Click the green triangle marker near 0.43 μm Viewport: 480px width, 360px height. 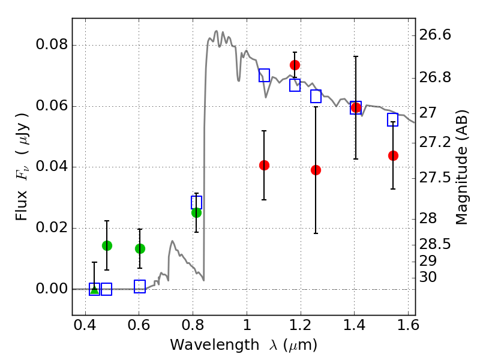[x=94, y=289]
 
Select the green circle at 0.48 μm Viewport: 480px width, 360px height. [x=107, y=245]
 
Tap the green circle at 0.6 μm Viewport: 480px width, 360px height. [x=140, y=248]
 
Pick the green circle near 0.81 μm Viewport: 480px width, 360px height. [x=196, y=212]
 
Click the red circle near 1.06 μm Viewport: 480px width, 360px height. [x=264, y=165]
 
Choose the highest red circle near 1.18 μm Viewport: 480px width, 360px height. [x=295, y=65]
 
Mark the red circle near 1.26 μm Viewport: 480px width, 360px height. [x=316, y=170]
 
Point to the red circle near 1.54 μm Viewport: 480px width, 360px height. [x=393, y=155]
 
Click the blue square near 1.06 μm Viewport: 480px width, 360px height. [x=264, y=75]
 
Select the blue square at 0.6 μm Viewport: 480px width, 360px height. [x=140, y=286]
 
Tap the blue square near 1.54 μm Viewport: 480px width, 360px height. [x=393, y=119]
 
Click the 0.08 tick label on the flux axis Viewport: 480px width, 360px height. [x=52, y=46]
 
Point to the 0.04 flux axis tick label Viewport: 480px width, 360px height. [x=52, y=167]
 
